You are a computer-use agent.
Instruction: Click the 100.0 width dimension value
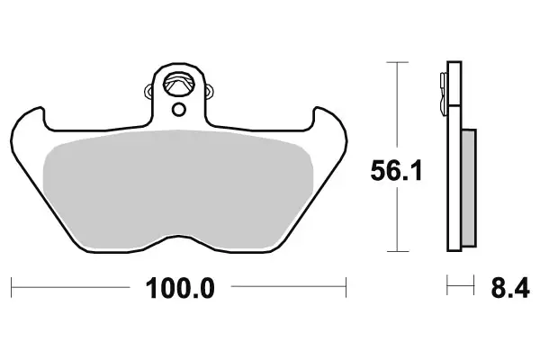coord(181,289)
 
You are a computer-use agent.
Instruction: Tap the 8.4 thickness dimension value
coord(508,289)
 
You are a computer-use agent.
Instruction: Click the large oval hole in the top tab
coord(180,83)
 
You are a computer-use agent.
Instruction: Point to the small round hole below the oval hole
coord(180,110)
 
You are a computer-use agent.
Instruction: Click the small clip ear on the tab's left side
coord(149,89)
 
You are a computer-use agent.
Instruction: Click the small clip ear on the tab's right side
coord(211,89)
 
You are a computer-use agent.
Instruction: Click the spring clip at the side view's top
coord(445,85)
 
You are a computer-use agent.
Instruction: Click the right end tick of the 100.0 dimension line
coord(346,288)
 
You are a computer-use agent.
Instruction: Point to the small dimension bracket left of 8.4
coord(460,288)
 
